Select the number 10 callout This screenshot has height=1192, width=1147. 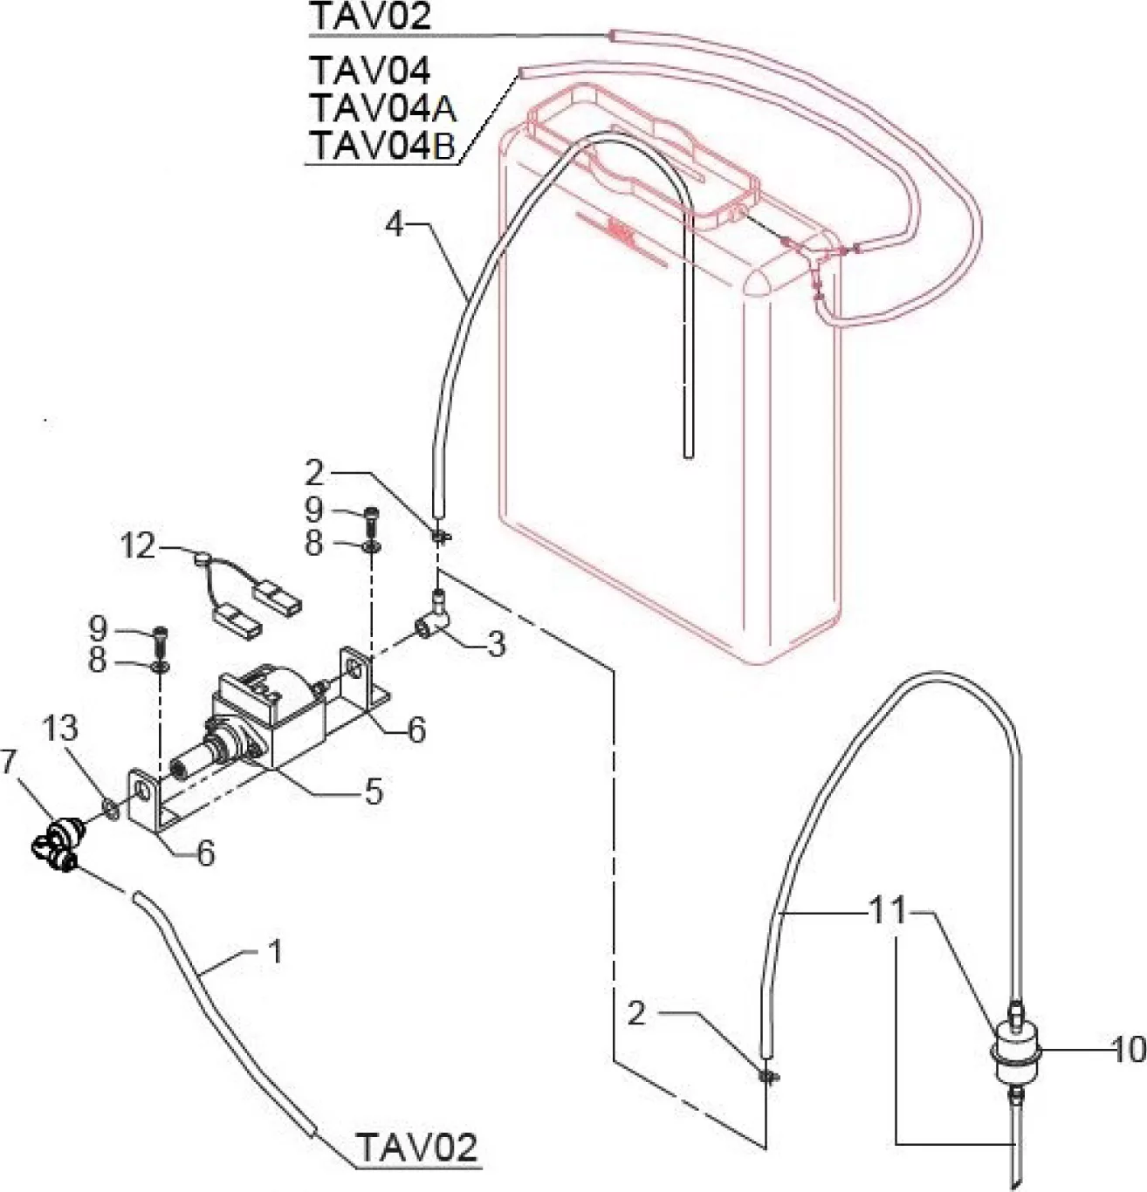point(1129,1051)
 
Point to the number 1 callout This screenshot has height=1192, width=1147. point(275,952)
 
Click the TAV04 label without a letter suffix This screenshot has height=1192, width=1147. point(370,70)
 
